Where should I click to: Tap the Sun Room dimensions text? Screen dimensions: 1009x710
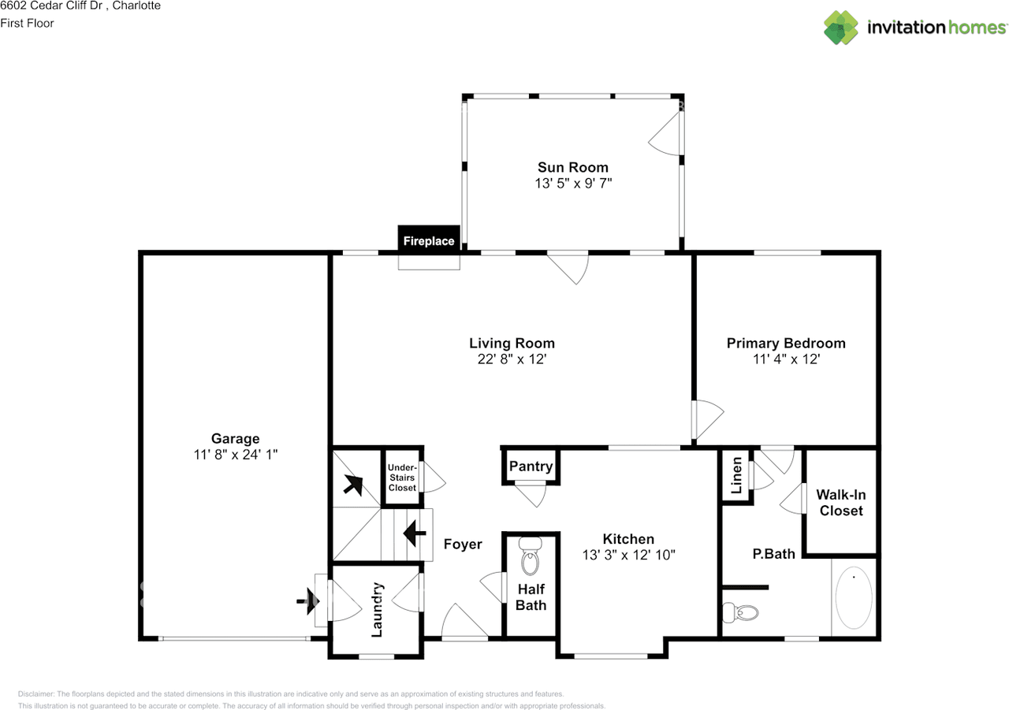coord(573,184)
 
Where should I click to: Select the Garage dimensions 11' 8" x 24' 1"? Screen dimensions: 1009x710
coord(235,455)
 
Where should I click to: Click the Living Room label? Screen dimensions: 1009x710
coord(512,343)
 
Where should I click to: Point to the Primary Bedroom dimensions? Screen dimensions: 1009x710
coord(786,359)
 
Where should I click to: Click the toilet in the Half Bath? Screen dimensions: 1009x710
coord(531,556)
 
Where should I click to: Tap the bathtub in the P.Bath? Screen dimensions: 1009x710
coord(854,597)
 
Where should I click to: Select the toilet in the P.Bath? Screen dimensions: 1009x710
coord(739,613)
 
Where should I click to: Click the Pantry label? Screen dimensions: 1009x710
coord(531,467)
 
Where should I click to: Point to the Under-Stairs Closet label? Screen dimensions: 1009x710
coord(402,478)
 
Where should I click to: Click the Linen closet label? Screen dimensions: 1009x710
coord(736,475)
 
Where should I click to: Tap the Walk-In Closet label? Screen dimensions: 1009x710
coord(841,503)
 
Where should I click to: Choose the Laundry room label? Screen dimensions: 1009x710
coord(377,610)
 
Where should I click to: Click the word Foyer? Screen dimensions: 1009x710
coord(463,545)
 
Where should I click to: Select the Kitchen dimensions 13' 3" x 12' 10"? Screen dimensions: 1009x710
coord(628,555)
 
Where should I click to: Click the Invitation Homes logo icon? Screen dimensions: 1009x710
coord(840,28)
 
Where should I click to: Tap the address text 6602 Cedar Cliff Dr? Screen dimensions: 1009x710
coord(51,6)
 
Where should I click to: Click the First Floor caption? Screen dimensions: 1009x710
coord(27,24)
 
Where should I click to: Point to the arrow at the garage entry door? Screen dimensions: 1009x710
coord(308,601)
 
